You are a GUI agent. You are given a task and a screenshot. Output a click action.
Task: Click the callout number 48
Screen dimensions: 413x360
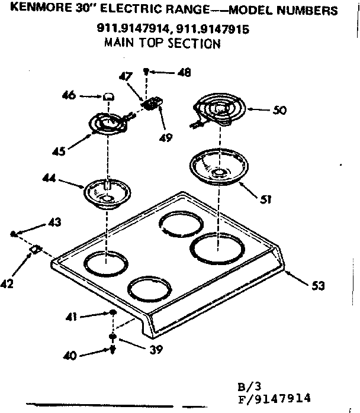[184, 73]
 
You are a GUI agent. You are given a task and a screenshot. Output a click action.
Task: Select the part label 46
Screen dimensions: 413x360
[69, 94]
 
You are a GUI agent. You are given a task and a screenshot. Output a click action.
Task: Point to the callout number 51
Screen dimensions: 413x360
[266, 199]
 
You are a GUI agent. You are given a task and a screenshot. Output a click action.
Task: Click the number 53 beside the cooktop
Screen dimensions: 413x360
[319, 287]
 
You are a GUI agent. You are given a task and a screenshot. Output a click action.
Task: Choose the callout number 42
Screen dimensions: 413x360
[7, 284]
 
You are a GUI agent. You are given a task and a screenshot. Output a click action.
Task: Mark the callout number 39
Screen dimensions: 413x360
[156, 349]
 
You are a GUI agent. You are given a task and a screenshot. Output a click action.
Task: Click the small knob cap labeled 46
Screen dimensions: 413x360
[108, 96]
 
